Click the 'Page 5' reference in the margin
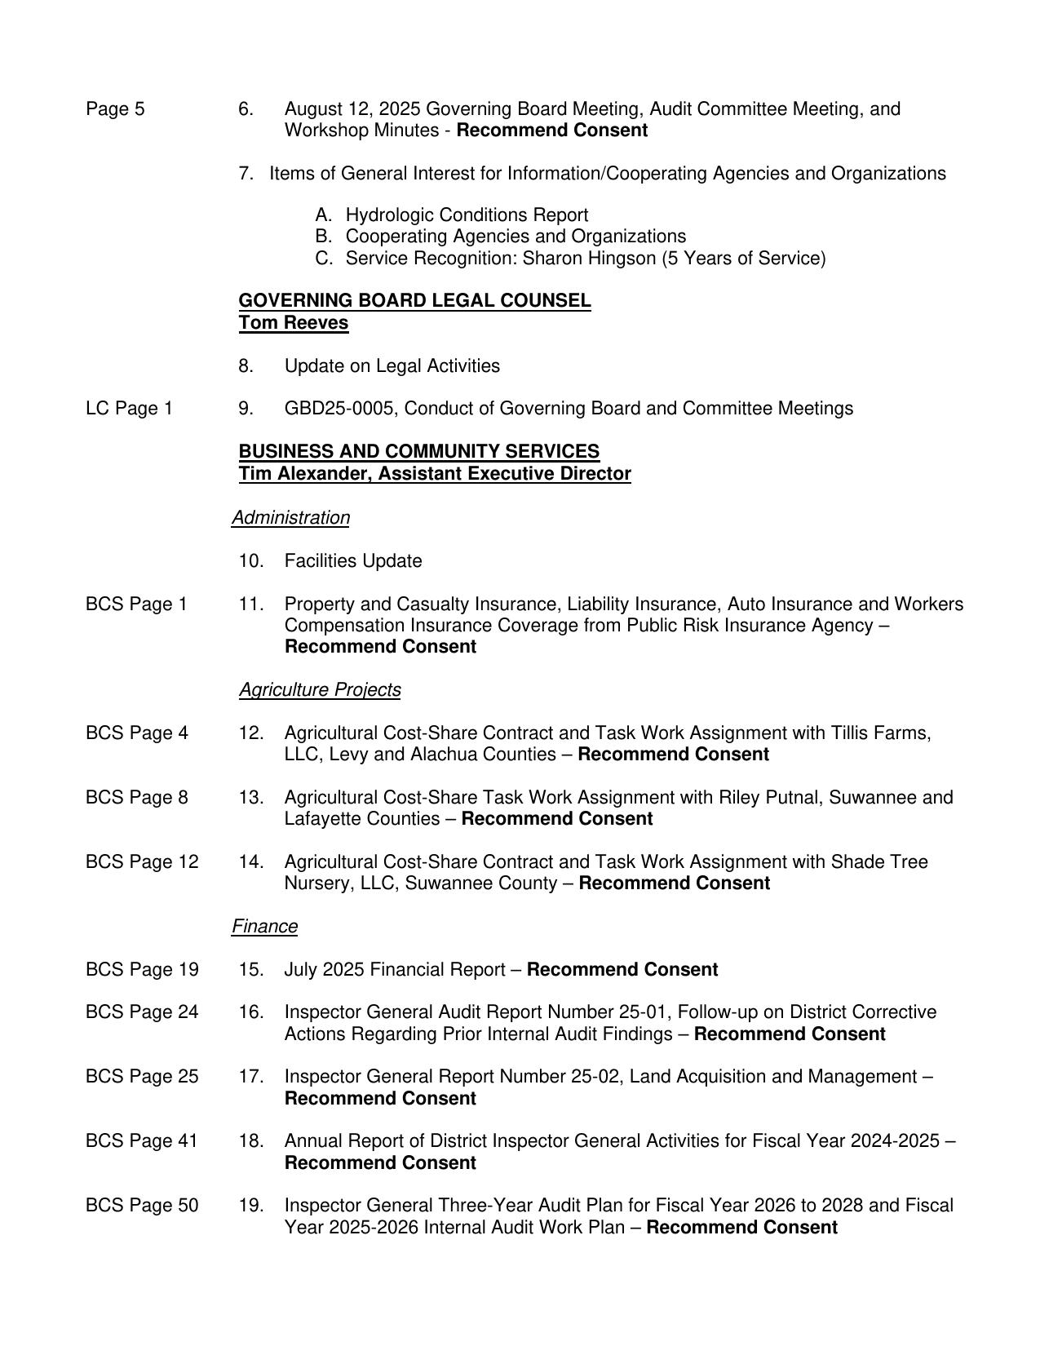(x=115, y=109)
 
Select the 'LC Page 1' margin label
(x=129, y=409)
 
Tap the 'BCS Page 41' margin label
(x=142, y=1141)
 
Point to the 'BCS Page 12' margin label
(x=142, y=862)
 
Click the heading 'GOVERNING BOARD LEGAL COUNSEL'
(x=414, y=301)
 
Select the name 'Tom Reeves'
(x=294, y=323)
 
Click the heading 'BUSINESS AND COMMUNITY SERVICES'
(x=419, y=452)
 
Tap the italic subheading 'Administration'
(x=291, y=518)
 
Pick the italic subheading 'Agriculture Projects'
(x=320, y=690)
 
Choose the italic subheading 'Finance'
(x=265, y=927)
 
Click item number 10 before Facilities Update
(x=251, y=561)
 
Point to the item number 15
(x=251, y=970)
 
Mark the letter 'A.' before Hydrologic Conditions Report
(x=324, y=215)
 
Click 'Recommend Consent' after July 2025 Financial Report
(x=622, y=970)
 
